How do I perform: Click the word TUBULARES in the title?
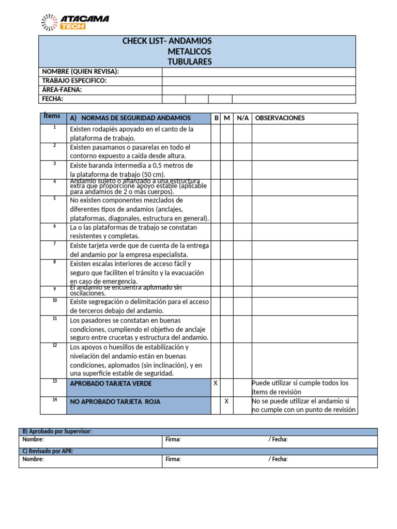pos(189,62)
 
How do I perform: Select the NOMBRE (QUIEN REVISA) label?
pos(80,72)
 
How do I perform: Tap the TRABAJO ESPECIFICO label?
pos(74,81)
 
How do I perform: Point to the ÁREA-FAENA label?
pos(62,89)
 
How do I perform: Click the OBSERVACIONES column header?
pos(280,118)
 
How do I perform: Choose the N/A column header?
pos(242,118)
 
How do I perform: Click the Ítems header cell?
pos(52,116)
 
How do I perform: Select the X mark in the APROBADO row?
pos(216,383)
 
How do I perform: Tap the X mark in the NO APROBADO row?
pos(226,401)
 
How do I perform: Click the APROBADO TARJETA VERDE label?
pos(111,384)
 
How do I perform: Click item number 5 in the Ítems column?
pos(54,198)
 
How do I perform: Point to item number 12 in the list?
pos(54,345)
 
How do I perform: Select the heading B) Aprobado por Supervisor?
pos(57,431)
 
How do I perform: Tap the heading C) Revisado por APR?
pos(48,451)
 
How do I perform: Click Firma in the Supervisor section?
pos(173,440)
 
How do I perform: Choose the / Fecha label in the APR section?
pos(278,459)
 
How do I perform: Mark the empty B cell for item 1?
pos(216,133)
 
